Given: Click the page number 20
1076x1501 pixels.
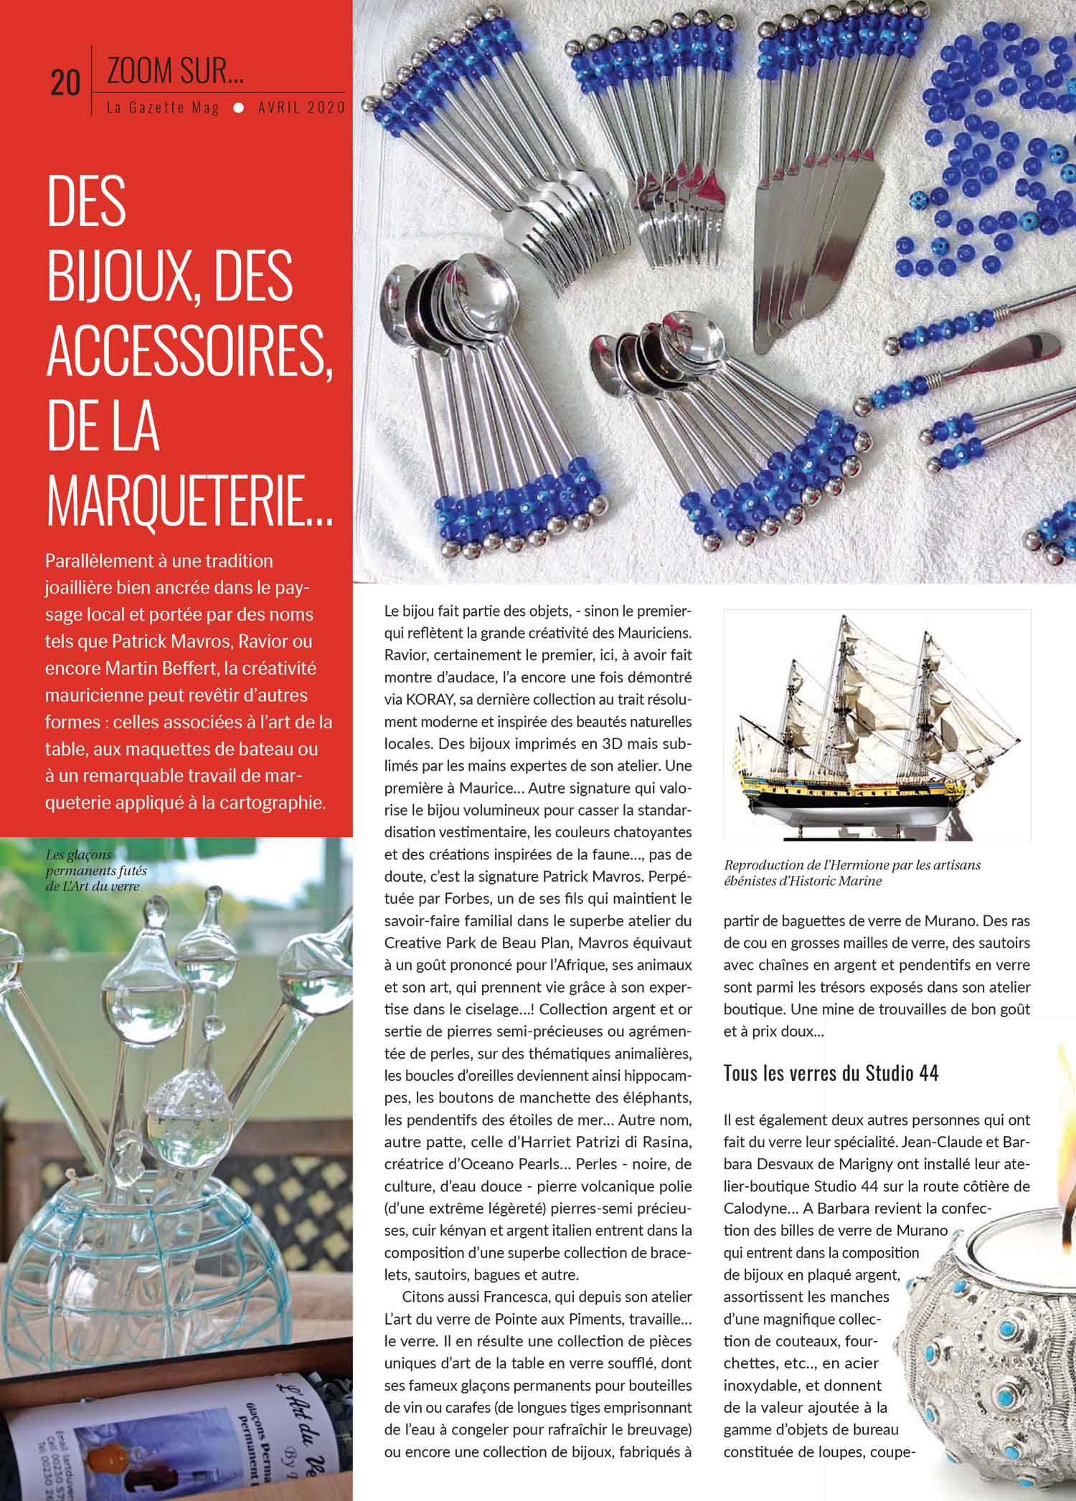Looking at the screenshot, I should [65, 83].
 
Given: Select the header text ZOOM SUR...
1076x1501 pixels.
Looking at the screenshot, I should [175, 70].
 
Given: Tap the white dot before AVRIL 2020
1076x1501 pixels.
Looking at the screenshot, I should [239, 108].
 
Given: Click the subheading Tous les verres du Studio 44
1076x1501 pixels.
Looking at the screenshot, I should [831, 1073].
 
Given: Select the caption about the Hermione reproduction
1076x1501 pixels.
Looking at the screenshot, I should [852, 872].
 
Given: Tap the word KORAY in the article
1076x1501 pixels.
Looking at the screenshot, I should [428, 699].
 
